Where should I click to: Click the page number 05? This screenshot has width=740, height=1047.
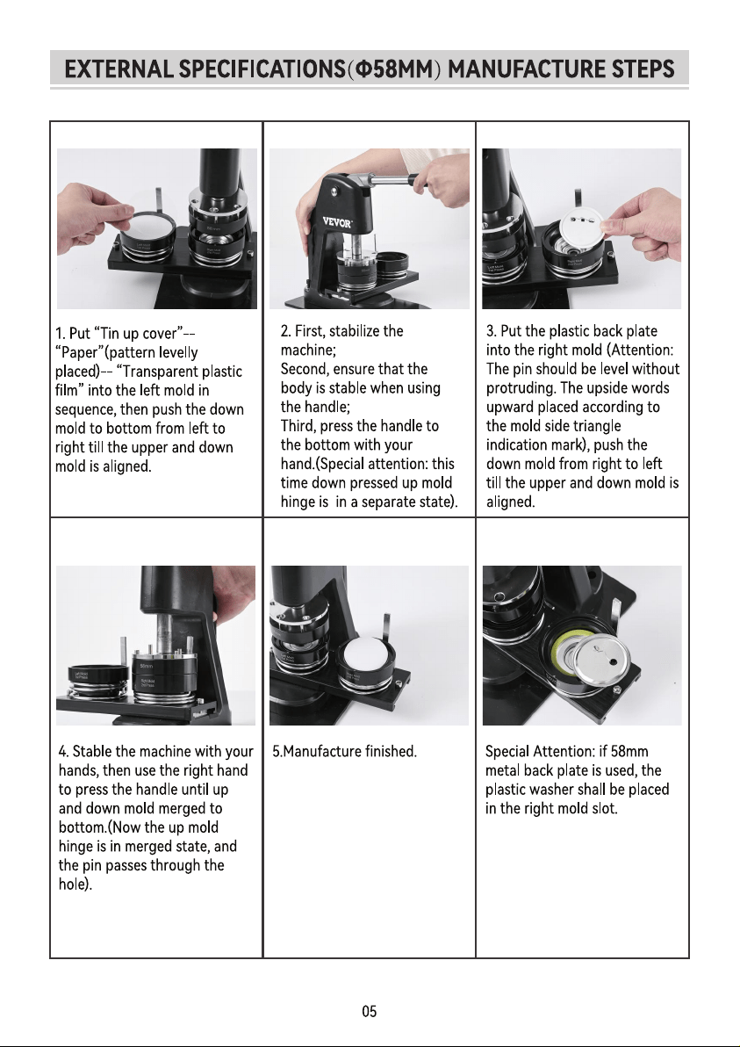(369, 1011)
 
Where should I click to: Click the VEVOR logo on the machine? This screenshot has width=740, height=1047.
(337, 222)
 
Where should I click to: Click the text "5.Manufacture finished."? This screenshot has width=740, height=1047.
(344, 751)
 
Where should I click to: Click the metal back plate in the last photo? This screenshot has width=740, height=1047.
(602, 662)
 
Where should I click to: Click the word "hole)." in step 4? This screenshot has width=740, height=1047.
(75, 885)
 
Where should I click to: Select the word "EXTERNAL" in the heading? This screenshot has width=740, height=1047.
(119, 69)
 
